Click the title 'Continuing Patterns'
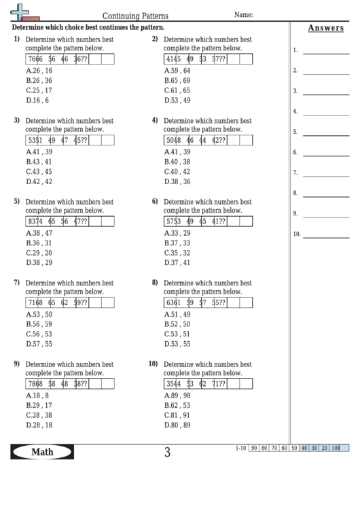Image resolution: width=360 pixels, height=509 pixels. tap(135, 14)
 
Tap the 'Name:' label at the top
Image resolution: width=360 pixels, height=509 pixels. tap(244, 14)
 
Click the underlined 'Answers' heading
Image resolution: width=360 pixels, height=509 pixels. tap(325, 28)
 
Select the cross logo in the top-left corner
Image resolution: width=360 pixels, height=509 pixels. tap(20, 12)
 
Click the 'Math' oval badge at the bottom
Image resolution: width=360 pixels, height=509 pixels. tap(42, 452)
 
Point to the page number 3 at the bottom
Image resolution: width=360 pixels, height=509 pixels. tap(167, 453)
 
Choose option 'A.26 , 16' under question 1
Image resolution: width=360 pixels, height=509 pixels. tap(38, 71)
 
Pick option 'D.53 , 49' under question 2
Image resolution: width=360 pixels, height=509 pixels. tap(177, 100)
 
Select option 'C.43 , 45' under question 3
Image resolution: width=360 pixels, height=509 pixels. tap(39, 172)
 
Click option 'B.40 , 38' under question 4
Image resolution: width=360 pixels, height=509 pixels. tap(177, 162)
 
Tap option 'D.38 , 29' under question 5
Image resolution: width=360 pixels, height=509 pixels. tap(39, 262)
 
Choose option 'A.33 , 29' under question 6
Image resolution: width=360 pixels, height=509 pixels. tap(177, 232)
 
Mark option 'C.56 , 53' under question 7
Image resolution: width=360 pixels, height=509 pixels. tap(39, 334)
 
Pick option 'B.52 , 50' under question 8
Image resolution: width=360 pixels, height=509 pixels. tap(177, 324)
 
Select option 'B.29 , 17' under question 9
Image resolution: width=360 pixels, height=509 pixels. tap(38, 405)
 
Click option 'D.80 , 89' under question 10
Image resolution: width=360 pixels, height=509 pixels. tap(177, 425)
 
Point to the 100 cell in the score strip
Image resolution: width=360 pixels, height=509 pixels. tap(336, 448)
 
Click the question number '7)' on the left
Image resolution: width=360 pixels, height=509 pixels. tap(17, 282)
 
